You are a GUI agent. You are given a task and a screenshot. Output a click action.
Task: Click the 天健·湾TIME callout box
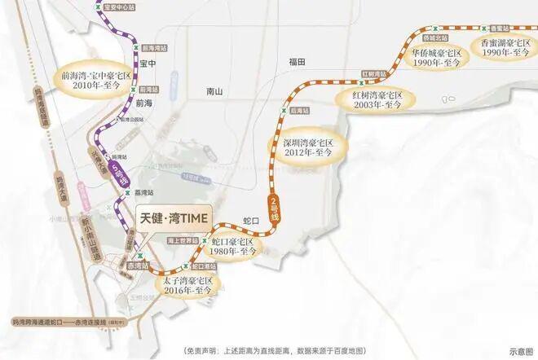172,217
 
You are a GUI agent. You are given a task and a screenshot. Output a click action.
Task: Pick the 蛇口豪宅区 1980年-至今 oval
234,248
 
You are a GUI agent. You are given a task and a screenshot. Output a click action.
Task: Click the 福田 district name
295,62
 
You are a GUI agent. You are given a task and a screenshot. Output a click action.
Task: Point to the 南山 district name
215,90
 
